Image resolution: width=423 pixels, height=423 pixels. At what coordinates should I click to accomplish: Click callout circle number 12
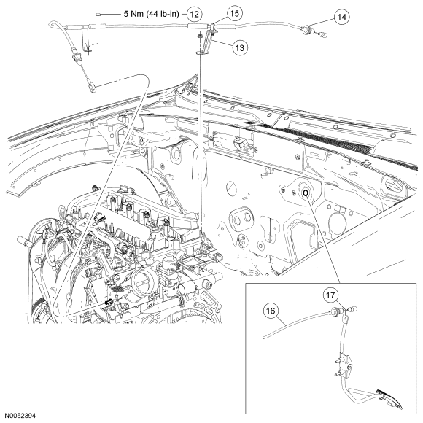point(195,14)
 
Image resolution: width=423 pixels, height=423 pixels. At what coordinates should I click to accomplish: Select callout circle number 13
point(239,47)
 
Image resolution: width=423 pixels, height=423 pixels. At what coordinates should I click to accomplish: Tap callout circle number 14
point(341,17)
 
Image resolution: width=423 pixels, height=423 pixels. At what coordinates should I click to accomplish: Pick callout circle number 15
point(234,13)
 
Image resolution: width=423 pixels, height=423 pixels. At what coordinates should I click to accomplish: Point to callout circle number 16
point(271,311)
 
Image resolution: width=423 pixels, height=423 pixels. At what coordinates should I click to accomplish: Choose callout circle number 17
point(330,295)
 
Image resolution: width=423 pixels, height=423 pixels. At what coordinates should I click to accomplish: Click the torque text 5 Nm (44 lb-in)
point(152,14)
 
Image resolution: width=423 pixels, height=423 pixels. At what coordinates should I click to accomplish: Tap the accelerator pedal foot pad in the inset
point(390,399)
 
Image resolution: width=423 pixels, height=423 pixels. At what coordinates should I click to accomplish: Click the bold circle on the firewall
point(306,193)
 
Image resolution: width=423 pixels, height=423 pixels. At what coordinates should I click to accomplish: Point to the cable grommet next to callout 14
point(306,29)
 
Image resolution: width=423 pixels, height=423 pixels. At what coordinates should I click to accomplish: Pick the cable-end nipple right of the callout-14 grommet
point(322,34)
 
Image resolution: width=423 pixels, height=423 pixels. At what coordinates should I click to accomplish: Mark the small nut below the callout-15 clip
point(200,35)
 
